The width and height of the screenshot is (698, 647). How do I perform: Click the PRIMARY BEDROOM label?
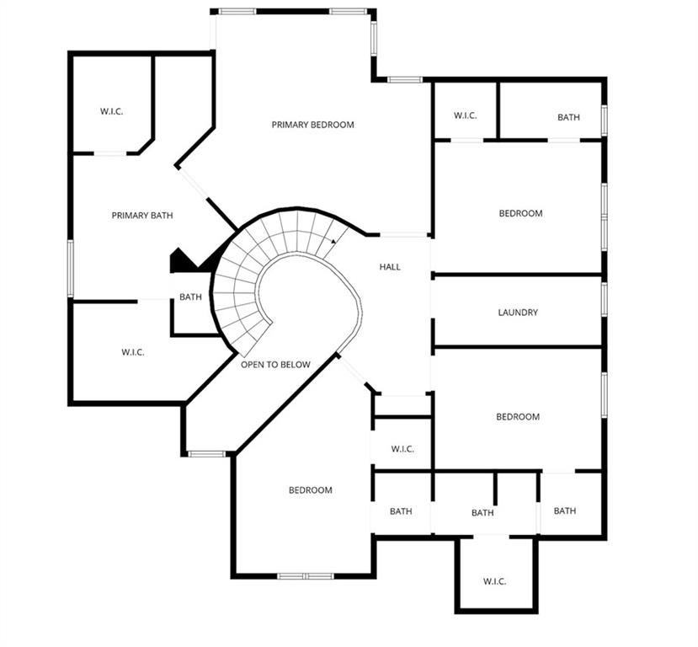point(312,125)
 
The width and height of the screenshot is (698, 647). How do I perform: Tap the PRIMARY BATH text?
point(142,216)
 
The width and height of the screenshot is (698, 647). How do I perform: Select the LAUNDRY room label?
point(518,313)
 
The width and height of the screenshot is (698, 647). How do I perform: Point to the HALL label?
point(390,267)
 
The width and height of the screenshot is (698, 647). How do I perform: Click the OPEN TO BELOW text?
point(275,365)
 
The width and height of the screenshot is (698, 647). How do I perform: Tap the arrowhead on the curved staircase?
point(334,241)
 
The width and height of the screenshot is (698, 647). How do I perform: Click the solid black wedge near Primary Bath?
point(183,260)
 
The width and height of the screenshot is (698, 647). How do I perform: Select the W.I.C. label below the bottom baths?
point(494,581)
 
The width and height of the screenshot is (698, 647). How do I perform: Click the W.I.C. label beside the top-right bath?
point(465,115)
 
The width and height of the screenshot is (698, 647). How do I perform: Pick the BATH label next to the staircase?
point(190,297)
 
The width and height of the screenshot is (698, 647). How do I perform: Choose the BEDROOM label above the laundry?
point(521,213)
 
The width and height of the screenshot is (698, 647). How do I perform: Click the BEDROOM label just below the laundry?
point(518,417)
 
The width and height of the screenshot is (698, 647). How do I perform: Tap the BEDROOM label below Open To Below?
point(311,490)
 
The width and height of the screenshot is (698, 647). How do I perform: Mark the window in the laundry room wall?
point(604,299)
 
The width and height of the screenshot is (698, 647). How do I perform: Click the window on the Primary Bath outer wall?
point(71,268)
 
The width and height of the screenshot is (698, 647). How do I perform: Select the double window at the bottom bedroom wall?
point(306,576)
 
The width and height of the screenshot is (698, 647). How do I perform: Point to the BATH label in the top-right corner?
point(568,118)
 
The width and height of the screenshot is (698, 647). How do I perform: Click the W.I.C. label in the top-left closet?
point(111,111)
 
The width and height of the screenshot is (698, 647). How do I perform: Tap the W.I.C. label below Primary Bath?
point(133,352)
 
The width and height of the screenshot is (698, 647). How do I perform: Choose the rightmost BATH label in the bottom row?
point(565,511)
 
